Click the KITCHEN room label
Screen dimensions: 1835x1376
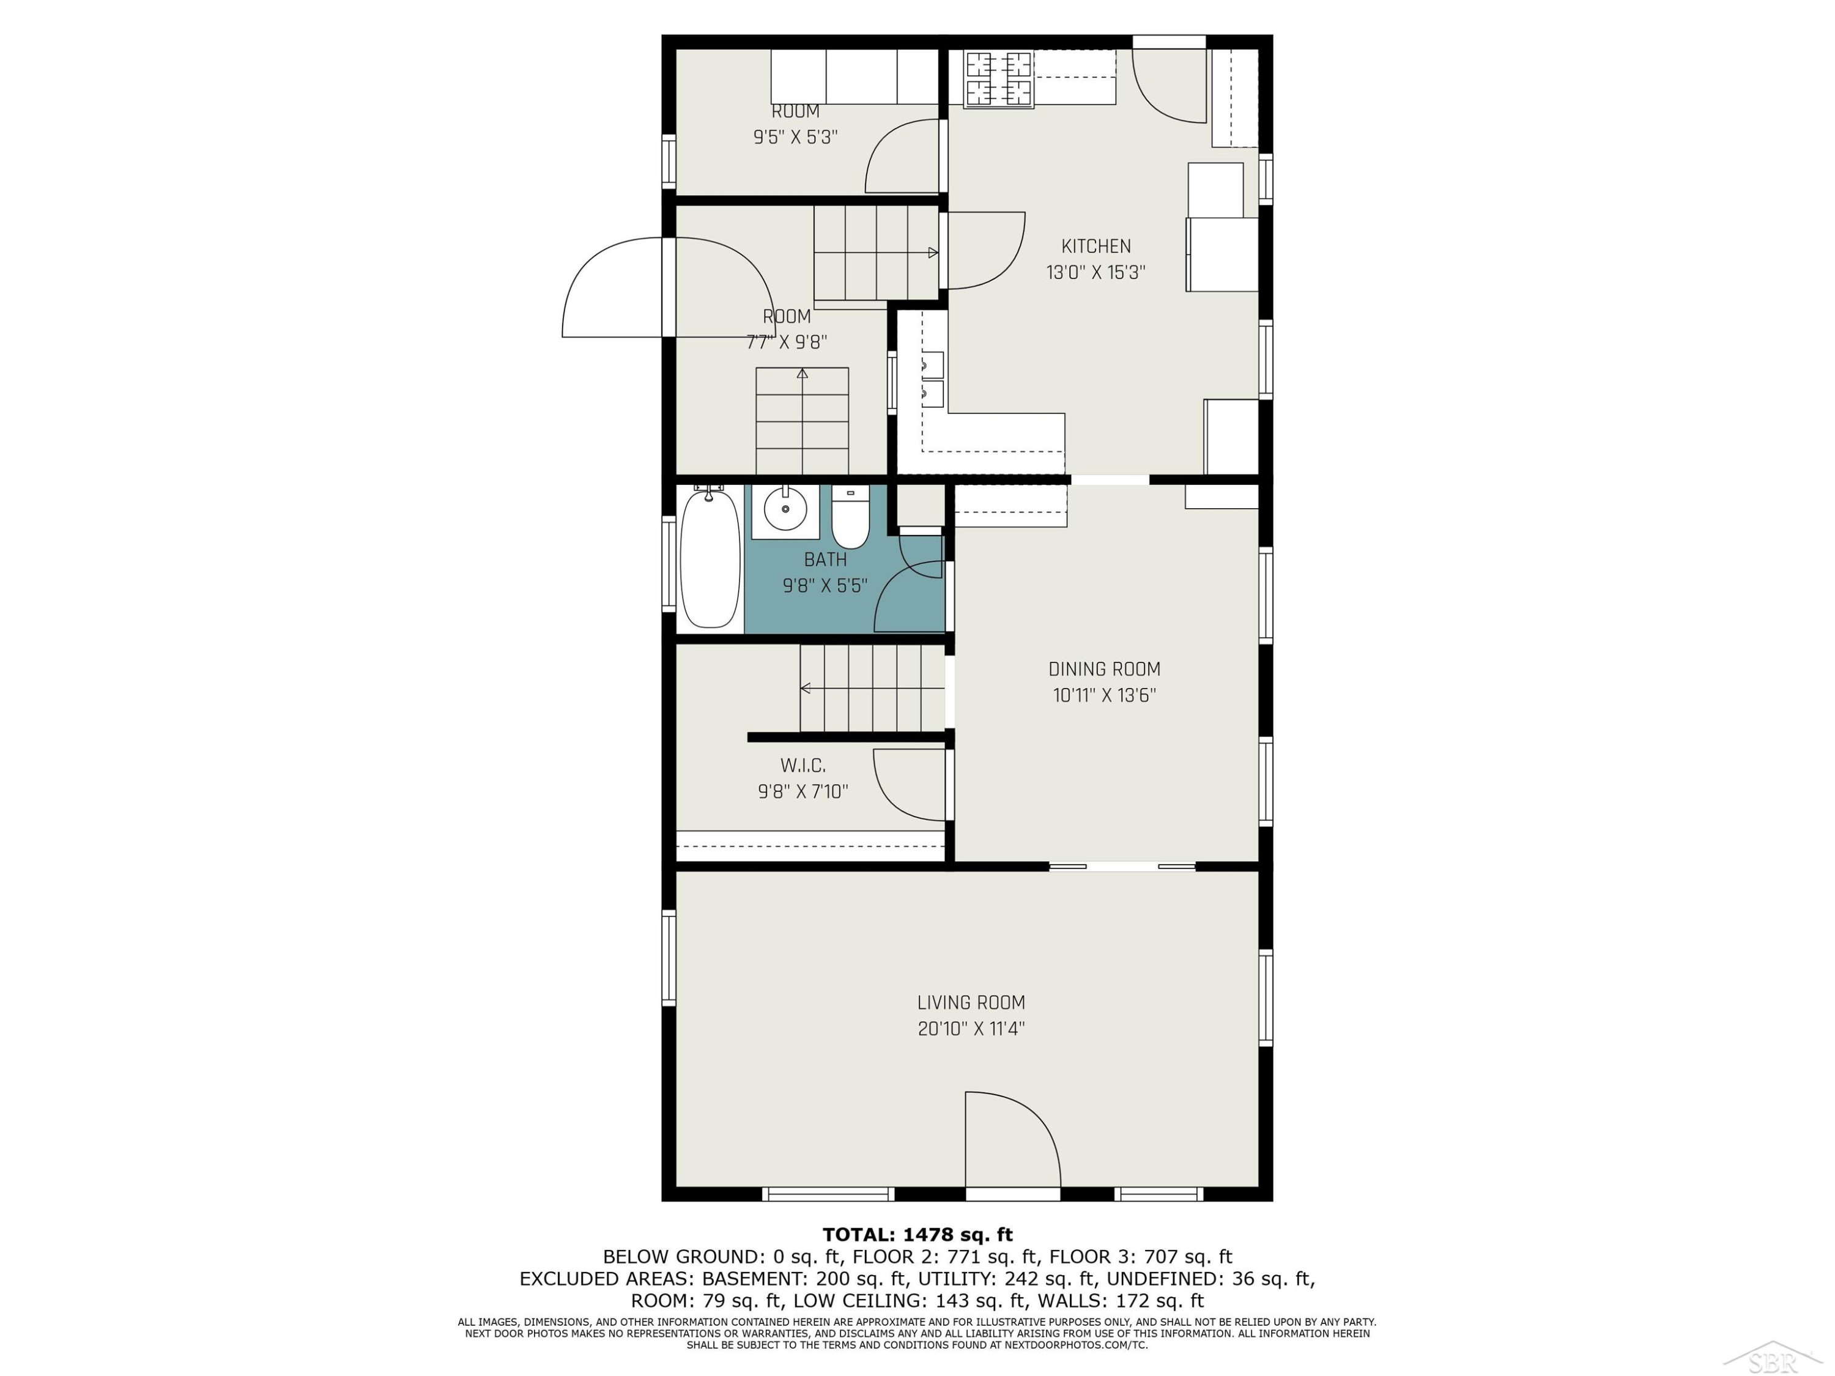point(1096,246)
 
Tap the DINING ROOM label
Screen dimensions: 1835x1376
point(1104,669)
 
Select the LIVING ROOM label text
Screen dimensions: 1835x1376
point(971,1003)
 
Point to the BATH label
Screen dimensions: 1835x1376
point(825,560)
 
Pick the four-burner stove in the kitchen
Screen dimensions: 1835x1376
point(999,79)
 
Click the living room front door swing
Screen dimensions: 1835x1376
point(1013,1139)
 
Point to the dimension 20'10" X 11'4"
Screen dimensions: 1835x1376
point(971,1029)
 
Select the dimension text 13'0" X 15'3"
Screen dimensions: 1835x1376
point(1096,273)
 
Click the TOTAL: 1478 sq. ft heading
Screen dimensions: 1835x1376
point(917,1235)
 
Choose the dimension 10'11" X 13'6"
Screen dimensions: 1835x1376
point(1104,696)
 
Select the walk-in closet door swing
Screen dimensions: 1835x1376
point(909,785)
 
